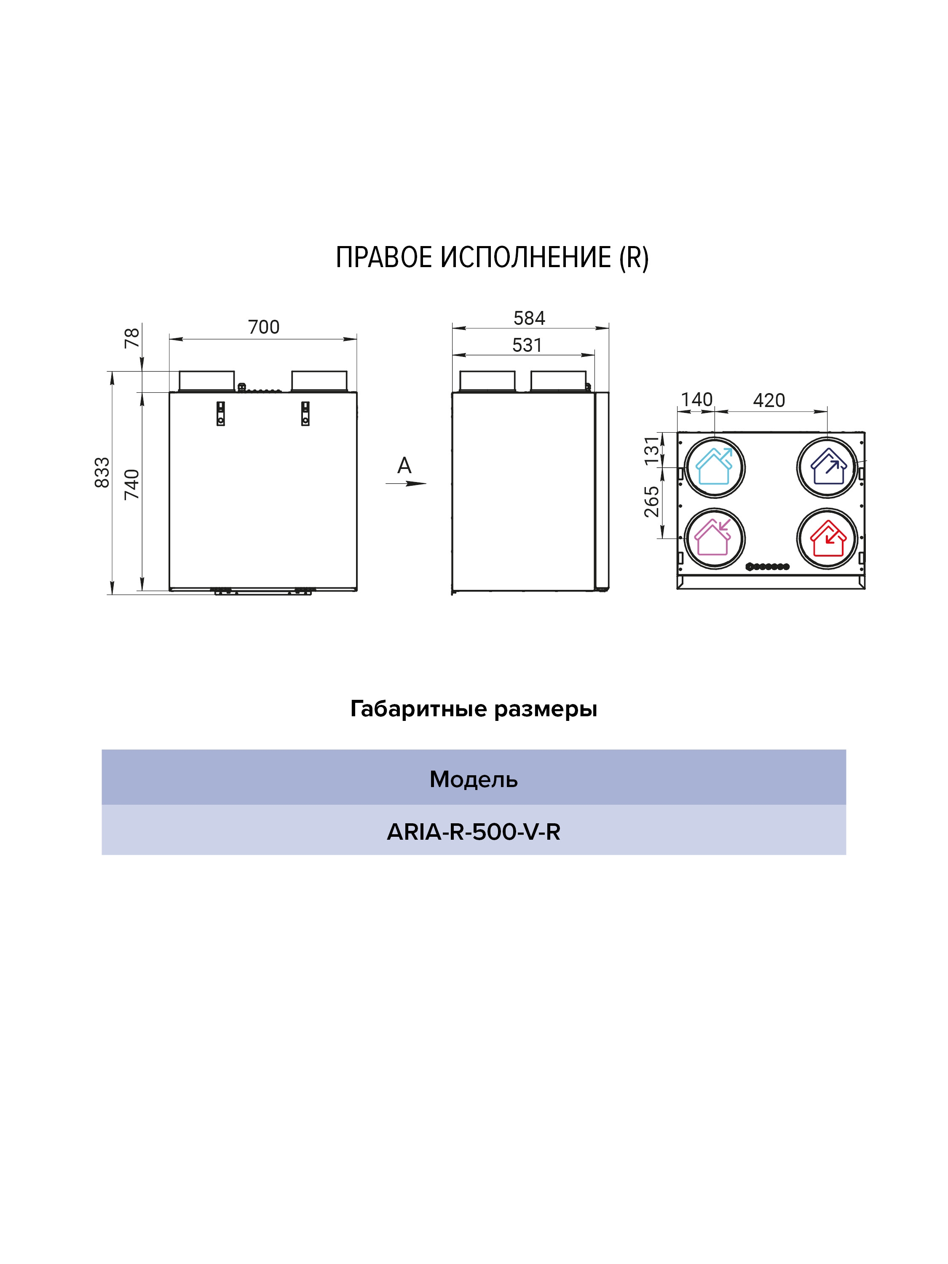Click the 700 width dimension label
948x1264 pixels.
(263, 327)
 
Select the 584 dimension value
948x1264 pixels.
(529, 318)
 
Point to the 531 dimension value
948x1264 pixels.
(527, 345)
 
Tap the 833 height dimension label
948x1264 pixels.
(102, 473)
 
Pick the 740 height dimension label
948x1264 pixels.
(132, 484)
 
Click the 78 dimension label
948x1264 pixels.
(132, 338)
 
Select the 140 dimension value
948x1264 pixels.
(696, 399)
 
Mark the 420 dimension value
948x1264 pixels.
(769, 400)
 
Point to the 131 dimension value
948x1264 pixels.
(651, 451)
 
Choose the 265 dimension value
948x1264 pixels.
(651, 502)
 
